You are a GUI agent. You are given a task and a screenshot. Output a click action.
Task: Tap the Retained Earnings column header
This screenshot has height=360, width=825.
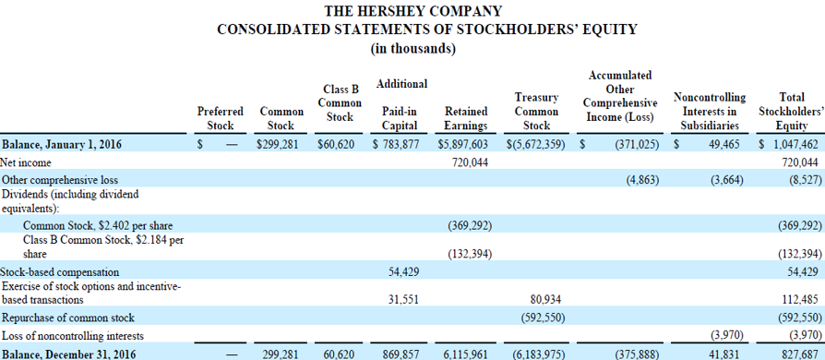click(x=466, y=117)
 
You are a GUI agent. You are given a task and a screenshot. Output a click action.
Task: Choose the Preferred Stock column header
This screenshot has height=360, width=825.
click(x=221, y=117)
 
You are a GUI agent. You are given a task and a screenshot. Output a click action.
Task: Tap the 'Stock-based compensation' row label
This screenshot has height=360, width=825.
click(x=60, y=271)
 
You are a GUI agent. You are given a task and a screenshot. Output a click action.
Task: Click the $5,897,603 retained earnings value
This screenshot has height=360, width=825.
click(x=466, y=144)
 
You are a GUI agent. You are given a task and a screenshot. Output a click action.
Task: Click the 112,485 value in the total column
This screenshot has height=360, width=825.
click(x=799, y=298)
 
